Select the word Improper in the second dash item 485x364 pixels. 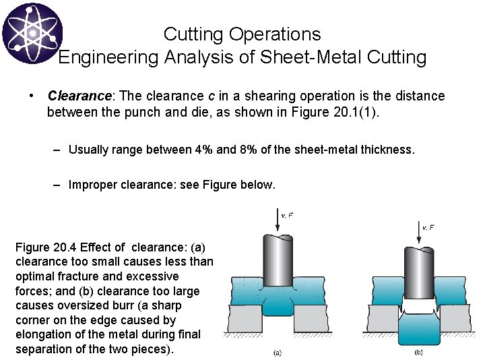[x=94, y=185]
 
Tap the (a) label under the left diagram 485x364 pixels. [x=278, y=352]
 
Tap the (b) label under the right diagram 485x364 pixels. [x=419, y=352]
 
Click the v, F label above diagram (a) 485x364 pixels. [x=286, y=216]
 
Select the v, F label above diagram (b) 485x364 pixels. [x=428, y=228]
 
